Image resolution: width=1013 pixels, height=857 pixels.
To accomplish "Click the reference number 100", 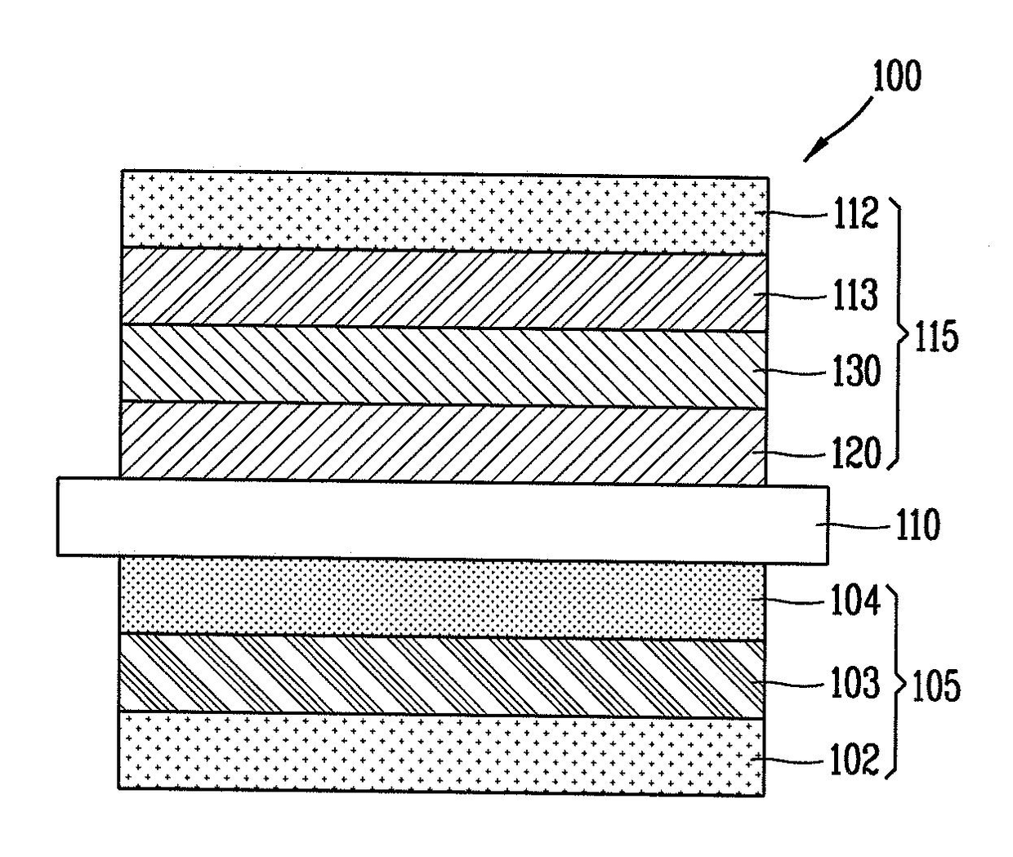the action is [896, 77].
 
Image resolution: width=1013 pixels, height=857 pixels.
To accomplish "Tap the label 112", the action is [855, 216].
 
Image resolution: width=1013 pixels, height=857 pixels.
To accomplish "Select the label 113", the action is [855, 295].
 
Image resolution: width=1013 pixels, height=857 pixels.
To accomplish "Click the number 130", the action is [855, 373].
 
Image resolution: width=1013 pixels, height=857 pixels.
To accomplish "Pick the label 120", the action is [855, 453].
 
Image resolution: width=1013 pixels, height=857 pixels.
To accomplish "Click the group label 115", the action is [936, 336].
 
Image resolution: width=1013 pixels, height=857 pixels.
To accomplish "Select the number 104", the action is [855, 603].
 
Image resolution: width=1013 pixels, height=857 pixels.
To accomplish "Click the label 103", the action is [855, 683].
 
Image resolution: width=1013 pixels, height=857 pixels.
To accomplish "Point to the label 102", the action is [855, 759].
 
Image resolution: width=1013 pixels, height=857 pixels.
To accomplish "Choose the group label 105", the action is [936, 687].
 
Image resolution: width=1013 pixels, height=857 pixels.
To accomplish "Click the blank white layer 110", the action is [441, 523].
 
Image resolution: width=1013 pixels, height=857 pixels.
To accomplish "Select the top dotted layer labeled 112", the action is [441, 211].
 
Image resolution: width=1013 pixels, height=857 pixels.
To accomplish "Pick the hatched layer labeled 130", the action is [441, 366].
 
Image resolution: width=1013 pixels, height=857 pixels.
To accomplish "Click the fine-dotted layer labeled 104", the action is [441, 599].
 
